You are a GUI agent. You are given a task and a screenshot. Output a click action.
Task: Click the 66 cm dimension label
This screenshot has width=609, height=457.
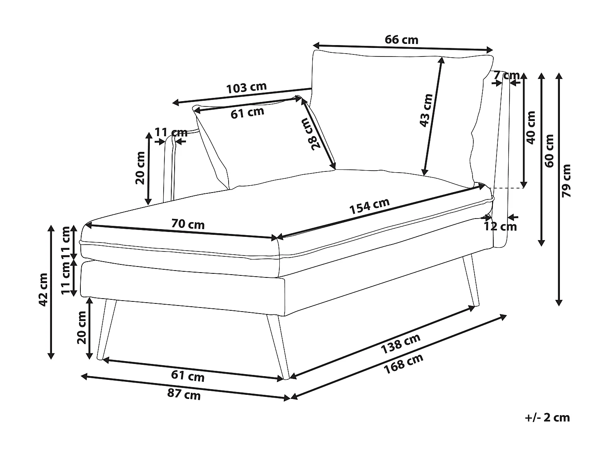(x=401, y=40)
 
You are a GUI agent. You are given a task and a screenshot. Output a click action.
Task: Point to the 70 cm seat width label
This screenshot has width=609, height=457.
(x=188, y=224)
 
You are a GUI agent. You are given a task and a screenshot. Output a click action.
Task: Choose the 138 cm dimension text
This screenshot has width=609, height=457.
(x=400, y=343)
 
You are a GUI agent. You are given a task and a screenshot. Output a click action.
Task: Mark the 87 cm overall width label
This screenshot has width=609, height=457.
(x=184, y=394)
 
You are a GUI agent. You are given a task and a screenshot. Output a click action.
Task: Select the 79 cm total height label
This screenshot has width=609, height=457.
(x=566, y=181)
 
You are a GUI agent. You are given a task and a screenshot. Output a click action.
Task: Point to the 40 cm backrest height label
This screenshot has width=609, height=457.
(x=531, y=127)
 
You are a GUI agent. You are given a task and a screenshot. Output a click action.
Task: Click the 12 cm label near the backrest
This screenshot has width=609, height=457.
(x=500, y=226)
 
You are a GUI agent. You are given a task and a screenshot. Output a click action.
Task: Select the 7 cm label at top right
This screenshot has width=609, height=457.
(x=507, y=75)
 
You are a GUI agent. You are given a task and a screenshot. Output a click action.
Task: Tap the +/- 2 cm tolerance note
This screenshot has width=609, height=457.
(x=547, y=417)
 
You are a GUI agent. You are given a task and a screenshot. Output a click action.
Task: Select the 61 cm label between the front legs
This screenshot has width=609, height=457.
(x=188, y=376)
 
